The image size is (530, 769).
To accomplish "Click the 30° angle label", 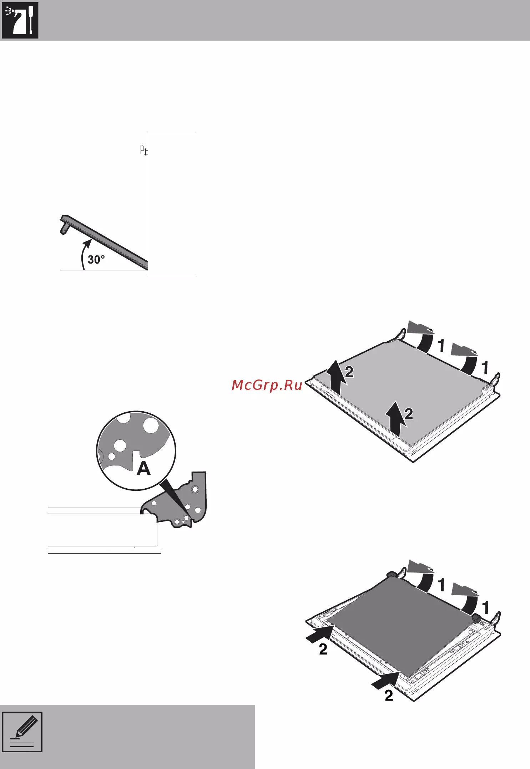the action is pos(96,259).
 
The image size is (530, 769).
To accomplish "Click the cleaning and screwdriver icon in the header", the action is pos(20,21).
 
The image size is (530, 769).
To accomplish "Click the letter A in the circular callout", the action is pos(144,468).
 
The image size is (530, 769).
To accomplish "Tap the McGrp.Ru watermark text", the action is pos(267,385).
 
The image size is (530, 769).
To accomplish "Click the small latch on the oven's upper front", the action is pos(143,150).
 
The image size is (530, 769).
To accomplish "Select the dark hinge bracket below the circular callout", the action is pos(175,501).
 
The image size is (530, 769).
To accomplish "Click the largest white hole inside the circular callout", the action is pos(151,426).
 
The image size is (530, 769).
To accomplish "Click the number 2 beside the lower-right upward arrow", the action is pos(409,414).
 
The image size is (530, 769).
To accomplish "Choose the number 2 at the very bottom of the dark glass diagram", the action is pos(389,696).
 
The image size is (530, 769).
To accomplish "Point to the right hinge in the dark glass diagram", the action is pos(496,619).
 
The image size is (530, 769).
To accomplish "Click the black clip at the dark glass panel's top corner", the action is pos(391,574).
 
